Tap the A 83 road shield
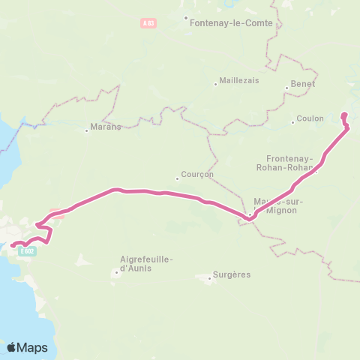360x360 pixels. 148,23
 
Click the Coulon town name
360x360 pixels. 310,118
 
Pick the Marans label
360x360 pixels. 106,127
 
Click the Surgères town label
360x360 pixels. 232,274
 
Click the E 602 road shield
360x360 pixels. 28,251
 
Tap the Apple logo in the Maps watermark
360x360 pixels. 12,347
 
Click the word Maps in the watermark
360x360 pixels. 33,348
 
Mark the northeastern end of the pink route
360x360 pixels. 344,115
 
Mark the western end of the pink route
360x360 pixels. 12,244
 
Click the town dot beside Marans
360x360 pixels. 87,130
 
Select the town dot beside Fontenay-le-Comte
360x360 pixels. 187,17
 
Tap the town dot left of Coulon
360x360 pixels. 293,120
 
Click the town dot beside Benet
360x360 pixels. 286,88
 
